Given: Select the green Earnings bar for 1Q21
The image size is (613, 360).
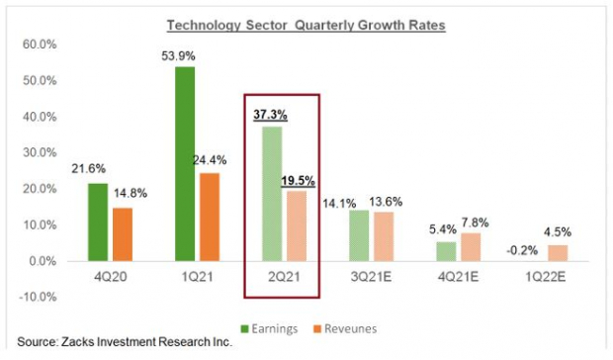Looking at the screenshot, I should [x=185, y=163].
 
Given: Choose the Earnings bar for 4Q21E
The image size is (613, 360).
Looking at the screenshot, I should [x=446, y=251].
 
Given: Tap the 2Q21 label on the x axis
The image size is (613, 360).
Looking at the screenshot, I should [x=283, y=280].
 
